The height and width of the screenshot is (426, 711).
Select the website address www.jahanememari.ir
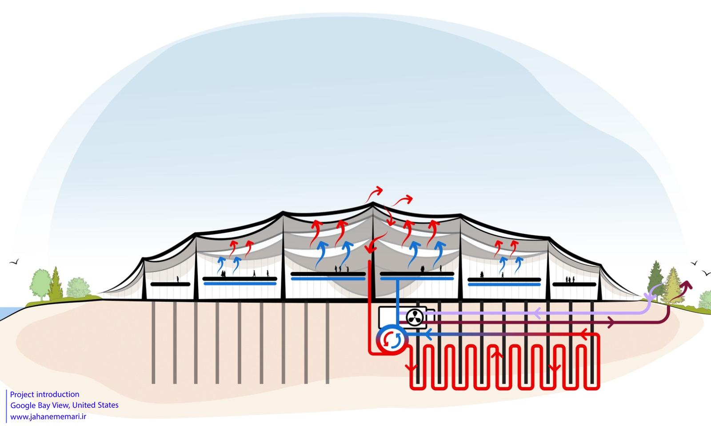[x=48, y=417]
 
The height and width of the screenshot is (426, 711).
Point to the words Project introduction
[x=44, y=394]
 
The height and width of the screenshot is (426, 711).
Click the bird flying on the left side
[x=14, y=262]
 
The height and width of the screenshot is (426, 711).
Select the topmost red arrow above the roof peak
[x=378, y=190]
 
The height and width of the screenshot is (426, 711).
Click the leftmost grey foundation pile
[x=153, y=342]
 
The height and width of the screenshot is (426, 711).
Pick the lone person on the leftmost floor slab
[x=177, y=280]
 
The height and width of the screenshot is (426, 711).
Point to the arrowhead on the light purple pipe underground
[x=536, y=314]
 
